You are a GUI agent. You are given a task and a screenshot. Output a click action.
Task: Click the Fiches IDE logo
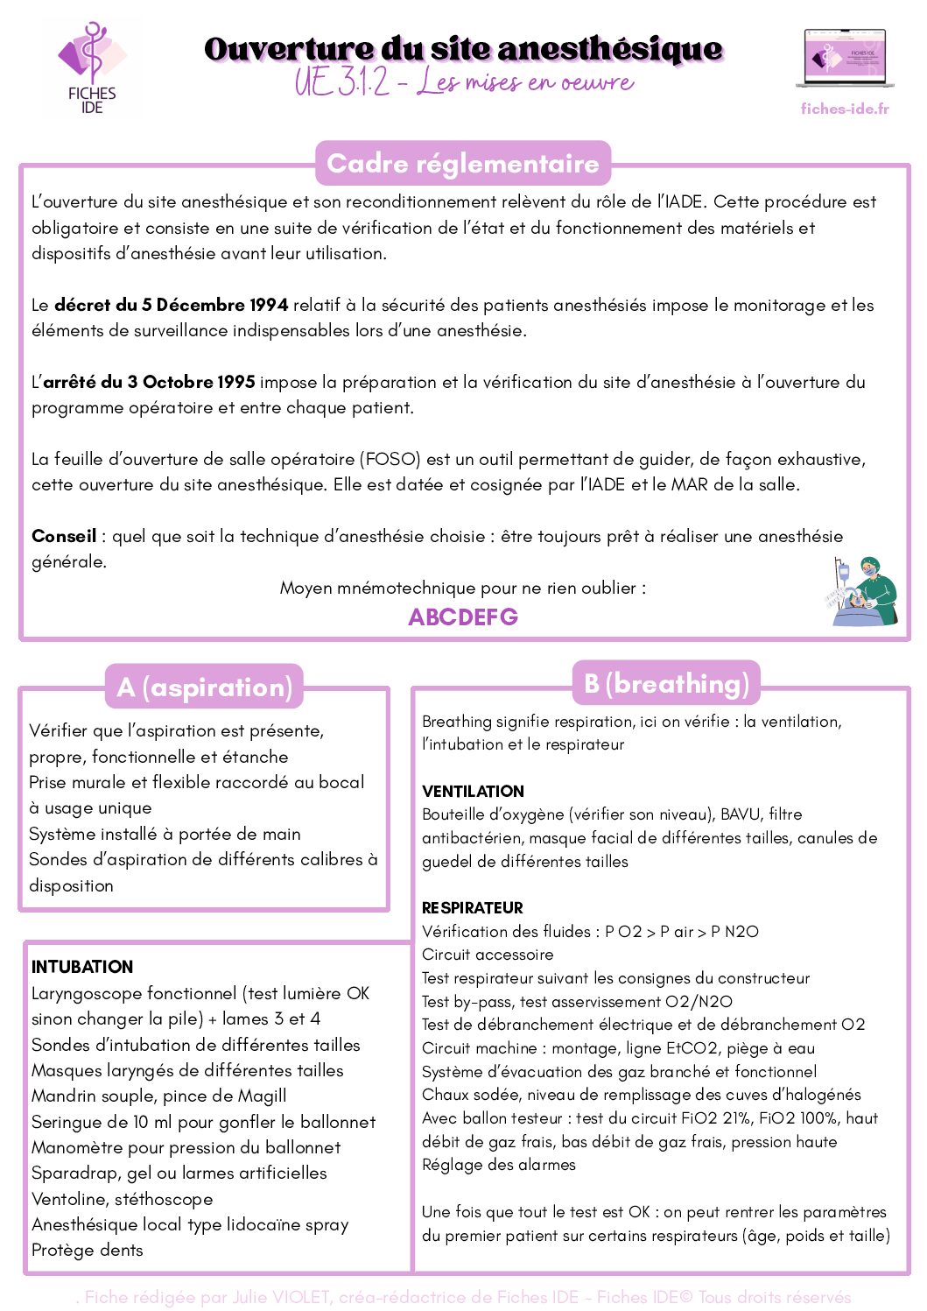pyautogui.click(x=91, y=67)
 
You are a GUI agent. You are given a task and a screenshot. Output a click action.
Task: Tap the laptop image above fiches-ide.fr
pyautogui.click(x=845, y=59)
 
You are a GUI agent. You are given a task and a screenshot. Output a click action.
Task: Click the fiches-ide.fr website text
pyautogui.click(x=845, y=109)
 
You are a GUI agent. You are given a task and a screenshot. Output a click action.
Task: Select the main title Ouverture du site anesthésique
pyautogui.click(x=463, y=49)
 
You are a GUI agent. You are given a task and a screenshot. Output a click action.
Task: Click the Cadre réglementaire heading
pyautogui.click(x=462, y=164)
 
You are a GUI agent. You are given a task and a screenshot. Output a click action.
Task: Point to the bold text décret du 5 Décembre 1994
pyautogui.click(x=171, y=305)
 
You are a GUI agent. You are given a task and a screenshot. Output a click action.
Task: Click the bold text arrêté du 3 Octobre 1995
pyautogui.click(x=149, y=382)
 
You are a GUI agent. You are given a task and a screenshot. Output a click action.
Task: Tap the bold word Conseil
pyautogui.click(x=64, y=536)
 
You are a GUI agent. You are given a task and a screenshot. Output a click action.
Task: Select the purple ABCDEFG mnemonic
pyautogui.click(x=463, y=617)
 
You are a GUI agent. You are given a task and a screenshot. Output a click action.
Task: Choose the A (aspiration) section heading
pyautogui.click(x=204, y=687)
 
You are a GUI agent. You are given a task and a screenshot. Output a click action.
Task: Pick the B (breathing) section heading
pyautogui.click(x=666, y=683)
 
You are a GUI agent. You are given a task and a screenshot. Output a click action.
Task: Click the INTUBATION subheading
pyautogui.click(x=82, y=967)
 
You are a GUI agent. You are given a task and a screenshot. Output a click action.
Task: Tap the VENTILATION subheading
pyautogui.click(x=473, y=791)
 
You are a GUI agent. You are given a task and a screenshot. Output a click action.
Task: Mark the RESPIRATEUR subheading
pyautogui.click(x=473, y=908)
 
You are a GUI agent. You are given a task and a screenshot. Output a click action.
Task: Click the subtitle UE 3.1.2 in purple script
pyautogui.click(x=341, y=82)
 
